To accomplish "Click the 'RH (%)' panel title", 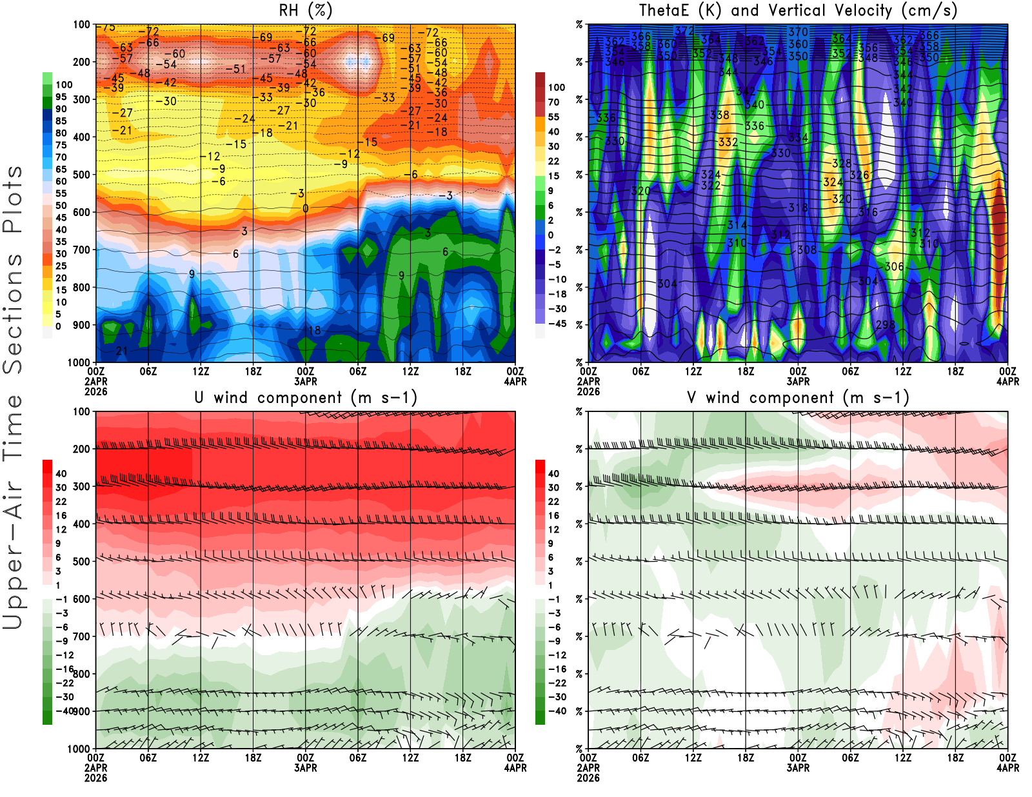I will pos(305,10).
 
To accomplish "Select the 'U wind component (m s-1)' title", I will pos(305,397).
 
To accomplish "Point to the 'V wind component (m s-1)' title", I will pos(798,397).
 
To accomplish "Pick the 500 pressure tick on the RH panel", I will pos(81,175).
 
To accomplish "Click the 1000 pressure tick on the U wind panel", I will pos(79,749).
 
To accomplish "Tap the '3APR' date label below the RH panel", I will pos(305,382).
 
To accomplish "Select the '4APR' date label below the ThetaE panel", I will pos(1007,382).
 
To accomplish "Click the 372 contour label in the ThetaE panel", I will pos(684,30).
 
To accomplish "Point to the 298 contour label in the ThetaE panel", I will pos(886,324).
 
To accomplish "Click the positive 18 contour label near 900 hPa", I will pos(314,330).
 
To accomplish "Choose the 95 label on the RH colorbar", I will pos(61,97).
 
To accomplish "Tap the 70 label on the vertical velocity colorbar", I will pos(553,102).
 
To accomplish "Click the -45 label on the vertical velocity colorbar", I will pos(557,324).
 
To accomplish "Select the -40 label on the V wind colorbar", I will pos(557,711).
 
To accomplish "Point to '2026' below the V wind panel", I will pos(588,778).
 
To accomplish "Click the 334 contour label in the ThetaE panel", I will pos(798,137).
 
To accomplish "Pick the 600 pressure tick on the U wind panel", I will pos(81,599).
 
